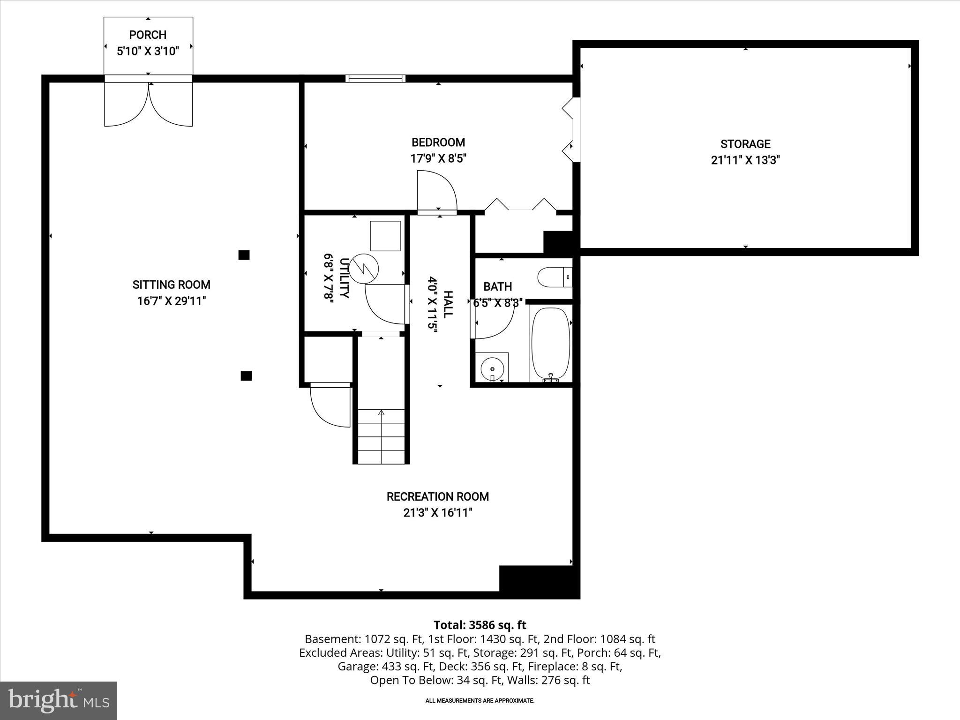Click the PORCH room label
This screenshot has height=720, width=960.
[148, 35]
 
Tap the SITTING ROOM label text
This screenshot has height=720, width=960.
[171, 285]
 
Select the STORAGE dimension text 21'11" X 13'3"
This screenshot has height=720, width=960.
[745, 160]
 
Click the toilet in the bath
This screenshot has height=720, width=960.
[553, 277]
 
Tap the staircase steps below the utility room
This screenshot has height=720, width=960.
[381, 436]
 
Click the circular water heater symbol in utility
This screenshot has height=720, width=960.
[365, 268]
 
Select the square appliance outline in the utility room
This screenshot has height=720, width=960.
[385, 236]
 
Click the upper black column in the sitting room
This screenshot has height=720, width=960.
[244, 255]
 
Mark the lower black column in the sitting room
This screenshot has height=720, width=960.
[246, 375]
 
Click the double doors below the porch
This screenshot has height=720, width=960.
[148, 105]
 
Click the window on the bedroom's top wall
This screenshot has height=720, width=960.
[375, 78]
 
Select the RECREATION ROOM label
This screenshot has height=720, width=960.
[437, 496]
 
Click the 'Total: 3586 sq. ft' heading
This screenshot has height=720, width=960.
[480, 625]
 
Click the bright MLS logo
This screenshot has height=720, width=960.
[59, 700]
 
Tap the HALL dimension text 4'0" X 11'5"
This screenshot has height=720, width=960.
[432, 305]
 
